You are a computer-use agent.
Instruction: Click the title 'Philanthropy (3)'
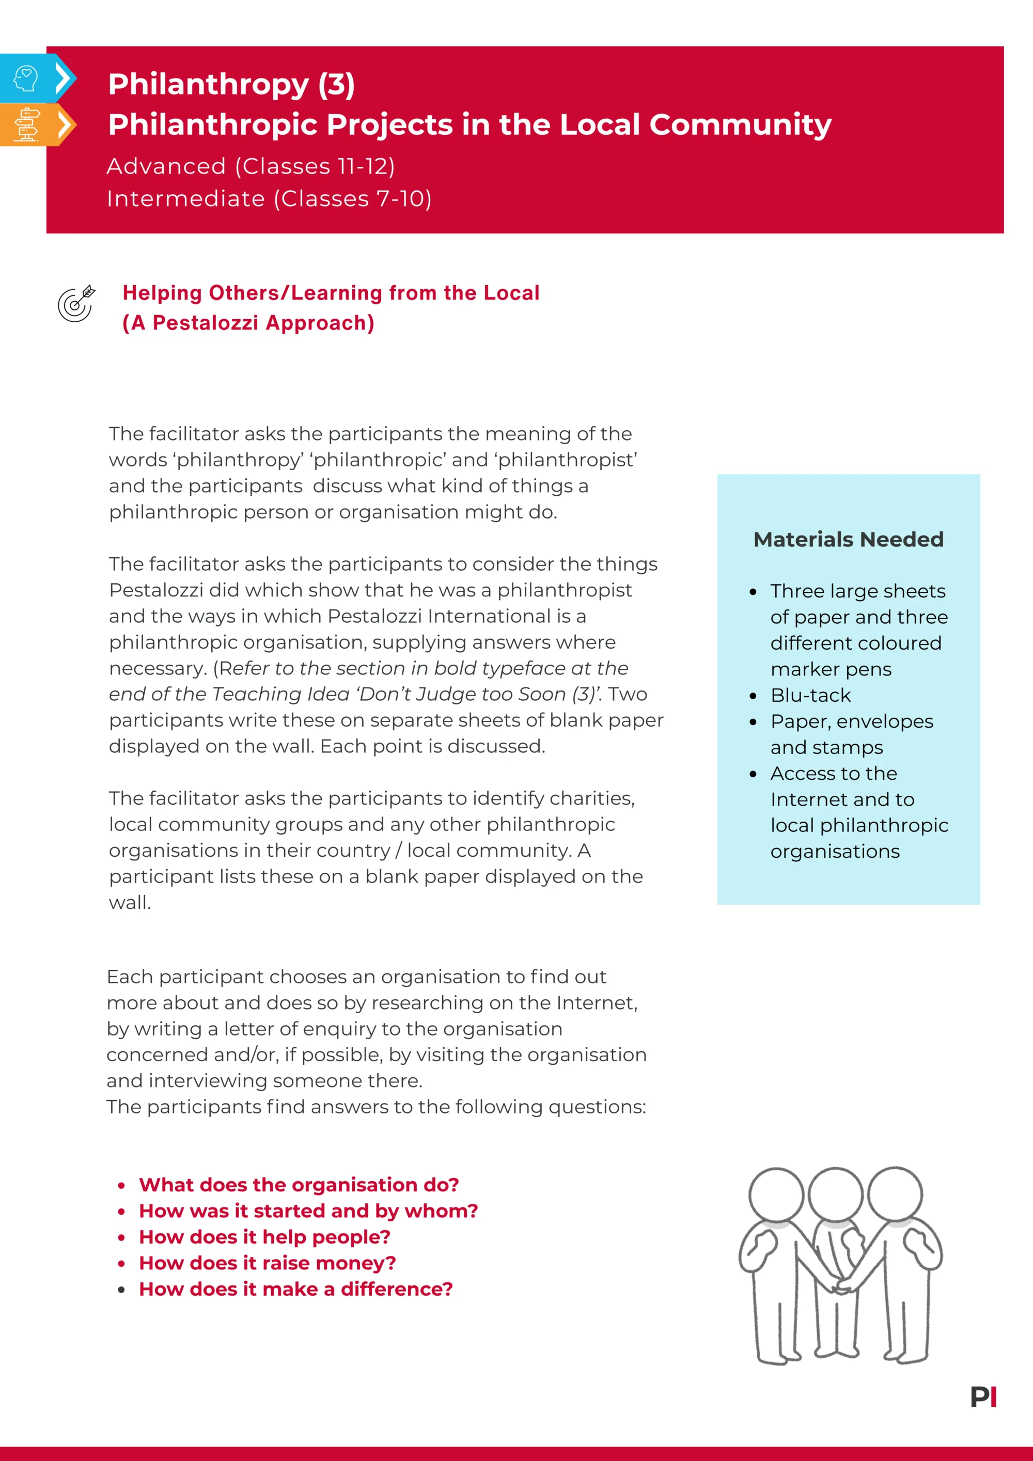point(231,85)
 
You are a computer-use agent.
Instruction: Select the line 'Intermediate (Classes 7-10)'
point(269,198)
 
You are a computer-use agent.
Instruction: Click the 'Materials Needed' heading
point(848,540)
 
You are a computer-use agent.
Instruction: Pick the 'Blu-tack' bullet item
point(810,695)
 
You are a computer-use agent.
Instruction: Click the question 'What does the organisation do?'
point(299,1185)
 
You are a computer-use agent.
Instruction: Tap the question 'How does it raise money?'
point(268,1263)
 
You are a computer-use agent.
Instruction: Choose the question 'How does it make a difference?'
point(296,1289)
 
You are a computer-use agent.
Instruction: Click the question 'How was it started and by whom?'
point(308,1211)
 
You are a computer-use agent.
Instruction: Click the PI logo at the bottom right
point(983,1397)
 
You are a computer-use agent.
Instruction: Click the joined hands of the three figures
point(841,1285)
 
